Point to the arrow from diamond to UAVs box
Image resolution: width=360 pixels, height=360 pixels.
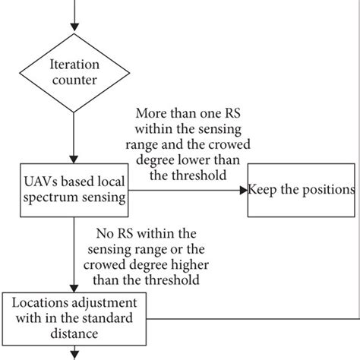click(x=72, y=141)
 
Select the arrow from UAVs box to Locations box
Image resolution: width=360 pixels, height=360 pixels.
click(x=72, y=251)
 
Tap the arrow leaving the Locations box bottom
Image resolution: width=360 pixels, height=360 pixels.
click(x=72, y=352)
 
